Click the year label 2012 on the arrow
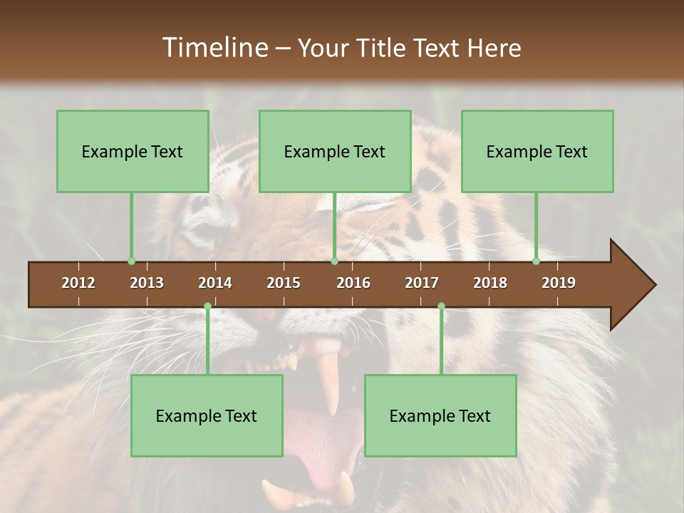click(78, 283)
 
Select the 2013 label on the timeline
click(147, 283)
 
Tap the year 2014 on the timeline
click(215, 283)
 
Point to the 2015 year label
click(284, 283)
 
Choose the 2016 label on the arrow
click(353, 283)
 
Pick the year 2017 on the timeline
click(422, 283)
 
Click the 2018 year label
click(490, 283)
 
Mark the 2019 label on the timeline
click(559, 283)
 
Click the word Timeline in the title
click(214, 48)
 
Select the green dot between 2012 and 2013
click(131, 261)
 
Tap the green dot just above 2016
click(334, 261)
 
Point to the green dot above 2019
click(537, 261)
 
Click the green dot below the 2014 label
click(207, 306)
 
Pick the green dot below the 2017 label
click(441, 306)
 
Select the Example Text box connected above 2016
click(335, 151)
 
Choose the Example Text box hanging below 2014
click(207, 415)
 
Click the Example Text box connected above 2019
click(537, 151)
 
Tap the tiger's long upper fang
click(330, 381)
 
